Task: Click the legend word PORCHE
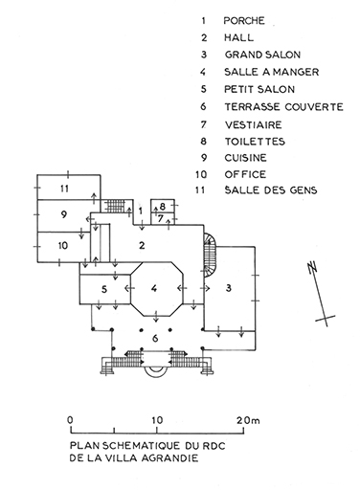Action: tap(244, 21)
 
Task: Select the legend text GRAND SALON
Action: tap(262, 55)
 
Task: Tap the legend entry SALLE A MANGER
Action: tap(272, 72)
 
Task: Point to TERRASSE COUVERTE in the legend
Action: tap(283, 106)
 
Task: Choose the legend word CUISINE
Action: tap(245, 158)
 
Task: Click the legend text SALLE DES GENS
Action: tap(271, 190)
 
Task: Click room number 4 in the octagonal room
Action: tap(154, 289)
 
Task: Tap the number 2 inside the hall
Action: tap(142, 245)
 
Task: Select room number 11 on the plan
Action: tap(64, 189)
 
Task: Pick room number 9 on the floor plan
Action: tap(64, 214)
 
